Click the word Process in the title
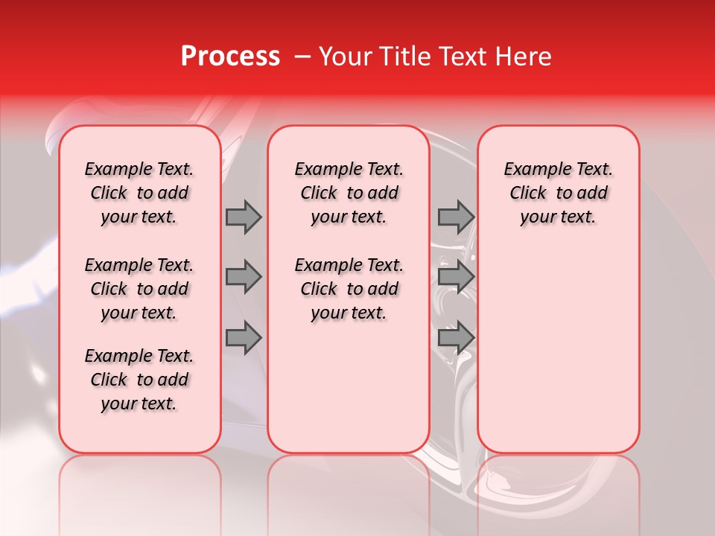click(x=230, y=57)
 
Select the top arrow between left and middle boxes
click(x=244, y=217)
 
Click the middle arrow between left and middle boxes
click(x=244, y=277)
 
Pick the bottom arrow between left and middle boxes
click(x=244, y=338)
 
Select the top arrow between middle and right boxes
click(x=456, y=217)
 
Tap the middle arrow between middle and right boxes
click(x=456, y=277)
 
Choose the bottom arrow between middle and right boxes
click(x=456, y=338)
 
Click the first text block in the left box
click(x=139, y=193)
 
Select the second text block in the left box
click(x=139, y=289)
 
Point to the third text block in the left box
click(x=139, y=380)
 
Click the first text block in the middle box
click(x=349, y=193)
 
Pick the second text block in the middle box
click(x=349, y=289)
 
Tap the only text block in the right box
click(x=558, y=193)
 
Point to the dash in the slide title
click(x=303, y=57)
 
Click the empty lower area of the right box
click(x=558, y=350)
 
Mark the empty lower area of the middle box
click(x=349, y=387)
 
